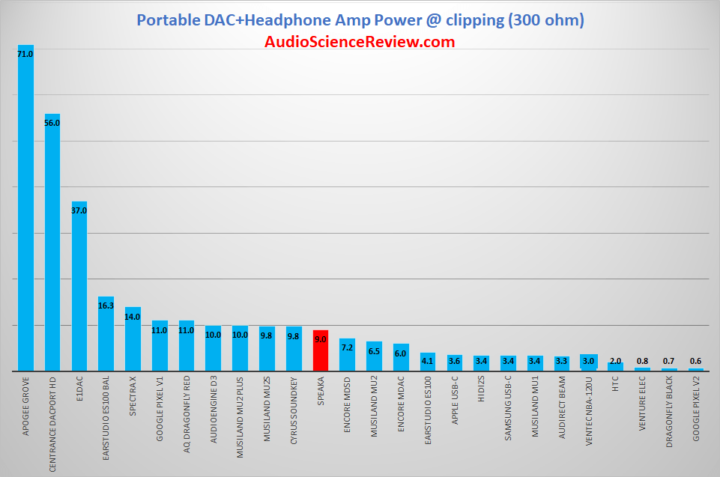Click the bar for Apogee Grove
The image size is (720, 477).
(x=25, y=208)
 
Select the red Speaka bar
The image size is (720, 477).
(x=321, y=350)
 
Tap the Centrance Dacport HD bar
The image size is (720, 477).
(x=52, y=243)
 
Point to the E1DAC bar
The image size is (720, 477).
(x=79, y=286)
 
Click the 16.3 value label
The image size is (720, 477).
(x=106, y=306)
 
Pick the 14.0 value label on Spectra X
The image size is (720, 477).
(x=133, y=317)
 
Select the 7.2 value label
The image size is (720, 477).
(x=347, y=347)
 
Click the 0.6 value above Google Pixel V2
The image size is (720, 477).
(x=696, y=362)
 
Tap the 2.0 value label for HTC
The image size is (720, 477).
(x=615, y=362)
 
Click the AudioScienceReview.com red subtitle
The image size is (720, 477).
(x=360, y=42)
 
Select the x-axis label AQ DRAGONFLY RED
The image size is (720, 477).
(x=187, y=414)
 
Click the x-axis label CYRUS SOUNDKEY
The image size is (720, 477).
(x=294, y=410)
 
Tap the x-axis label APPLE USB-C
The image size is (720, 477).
(x=455, y=401)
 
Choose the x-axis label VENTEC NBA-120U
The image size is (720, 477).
(x=589, y=411)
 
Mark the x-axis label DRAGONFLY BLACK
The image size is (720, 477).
(x=669, y=412)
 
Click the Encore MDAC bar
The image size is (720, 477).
(x=401, y=357)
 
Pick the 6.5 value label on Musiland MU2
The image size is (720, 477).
(x=374, y=352)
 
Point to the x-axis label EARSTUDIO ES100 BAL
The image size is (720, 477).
(x=106, y=419)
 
